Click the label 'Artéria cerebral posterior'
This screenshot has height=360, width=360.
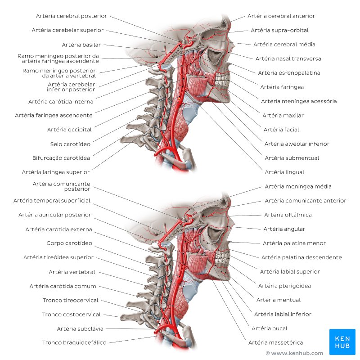tap(72, 16)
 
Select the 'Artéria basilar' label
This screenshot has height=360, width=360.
tap(81, 45)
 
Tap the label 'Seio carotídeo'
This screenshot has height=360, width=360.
tap(70, 144)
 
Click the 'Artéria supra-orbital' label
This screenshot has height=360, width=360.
tap(279, 31)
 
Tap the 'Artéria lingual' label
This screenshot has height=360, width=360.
tap(284, 172)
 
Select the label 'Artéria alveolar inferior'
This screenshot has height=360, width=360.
tap(297, 144)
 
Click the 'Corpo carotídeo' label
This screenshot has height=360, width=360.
tap(69, 243)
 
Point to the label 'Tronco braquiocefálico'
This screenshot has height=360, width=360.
tap(74, 343)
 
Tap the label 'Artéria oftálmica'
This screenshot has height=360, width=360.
tap(288, 215)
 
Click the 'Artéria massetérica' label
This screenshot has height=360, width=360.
tap(275, 343)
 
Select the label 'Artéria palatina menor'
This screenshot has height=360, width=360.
tap(294, 243)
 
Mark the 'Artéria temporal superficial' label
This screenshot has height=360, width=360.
tap(52, 201)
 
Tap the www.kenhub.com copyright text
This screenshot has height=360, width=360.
tap(294, 354)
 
